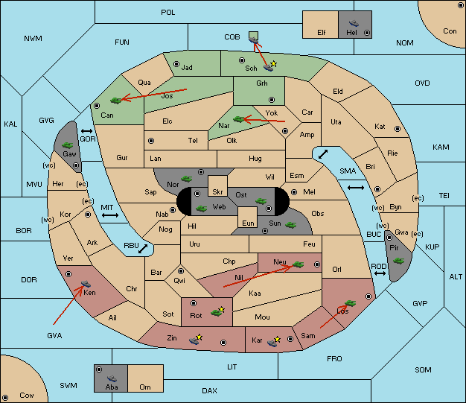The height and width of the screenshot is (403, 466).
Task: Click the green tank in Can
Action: (116, 101)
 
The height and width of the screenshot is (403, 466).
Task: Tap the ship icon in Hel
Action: (354, 23)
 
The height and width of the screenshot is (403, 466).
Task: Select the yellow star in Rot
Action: (221, 309)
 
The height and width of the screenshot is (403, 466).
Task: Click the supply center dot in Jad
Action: (176, 64)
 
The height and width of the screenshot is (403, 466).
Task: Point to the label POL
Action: (168, 13)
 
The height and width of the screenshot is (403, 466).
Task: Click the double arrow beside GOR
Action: (87, 131)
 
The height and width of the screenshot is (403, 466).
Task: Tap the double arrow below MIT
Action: (110, 215)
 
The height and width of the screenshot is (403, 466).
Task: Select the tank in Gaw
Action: (68, 145)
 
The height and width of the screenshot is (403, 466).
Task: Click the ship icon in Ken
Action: (86, 283)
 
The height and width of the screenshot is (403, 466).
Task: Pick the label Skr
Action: (217, 192)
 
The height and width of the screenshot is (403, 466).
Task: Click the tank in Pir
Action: (398, 261)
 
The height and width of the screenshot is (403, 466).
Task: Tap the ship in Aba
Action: (112, 378)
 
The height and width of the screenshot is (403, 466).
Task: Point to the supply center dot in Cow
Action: (5, 398)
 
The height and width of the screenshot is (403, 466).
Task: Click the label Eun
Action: (248, 223)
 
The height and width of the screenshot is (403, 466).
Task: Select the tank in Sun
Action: (290, 225)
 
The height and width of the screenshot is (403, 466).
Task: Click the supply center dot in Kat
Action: (398, 129)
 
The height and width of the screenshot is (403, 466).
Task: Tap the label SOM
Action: (423, 369)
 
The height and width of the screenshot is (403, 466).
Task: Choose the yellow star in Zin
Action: (199, 337)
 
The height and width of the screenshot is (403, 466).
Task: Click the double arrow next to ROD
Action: (380, 273)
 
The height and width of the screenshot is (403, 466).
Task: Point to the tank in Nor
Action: (187, 179)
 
